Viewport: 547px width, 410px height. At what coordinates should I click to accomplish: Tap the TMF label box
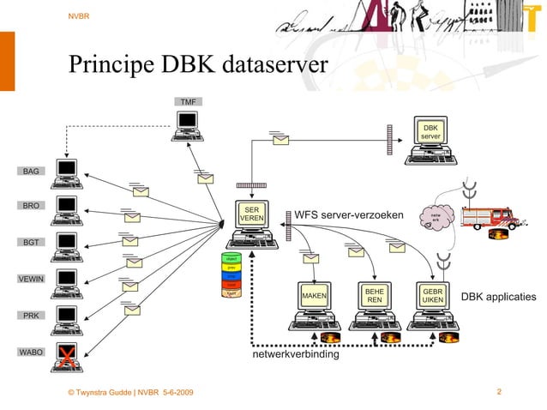187,102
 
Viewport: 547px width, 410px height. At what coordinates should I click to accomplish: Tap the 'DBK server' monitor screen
430,132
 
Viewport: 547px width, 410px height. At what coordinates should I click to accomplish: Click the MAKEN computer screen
315,296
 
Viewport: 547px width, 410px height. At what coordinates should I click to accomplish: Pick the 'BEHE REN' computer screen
375,296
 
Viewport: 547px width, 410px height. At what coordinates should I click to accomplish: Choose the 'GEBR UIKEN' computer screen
433,296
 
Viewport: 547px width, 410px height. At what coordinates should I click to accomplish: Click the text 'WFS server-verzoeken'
348,214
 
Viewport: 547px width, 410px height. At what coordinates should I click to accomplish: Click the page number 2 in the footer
499,391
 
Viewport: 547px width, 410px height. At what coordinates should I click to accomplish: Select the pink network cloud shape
436,216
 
